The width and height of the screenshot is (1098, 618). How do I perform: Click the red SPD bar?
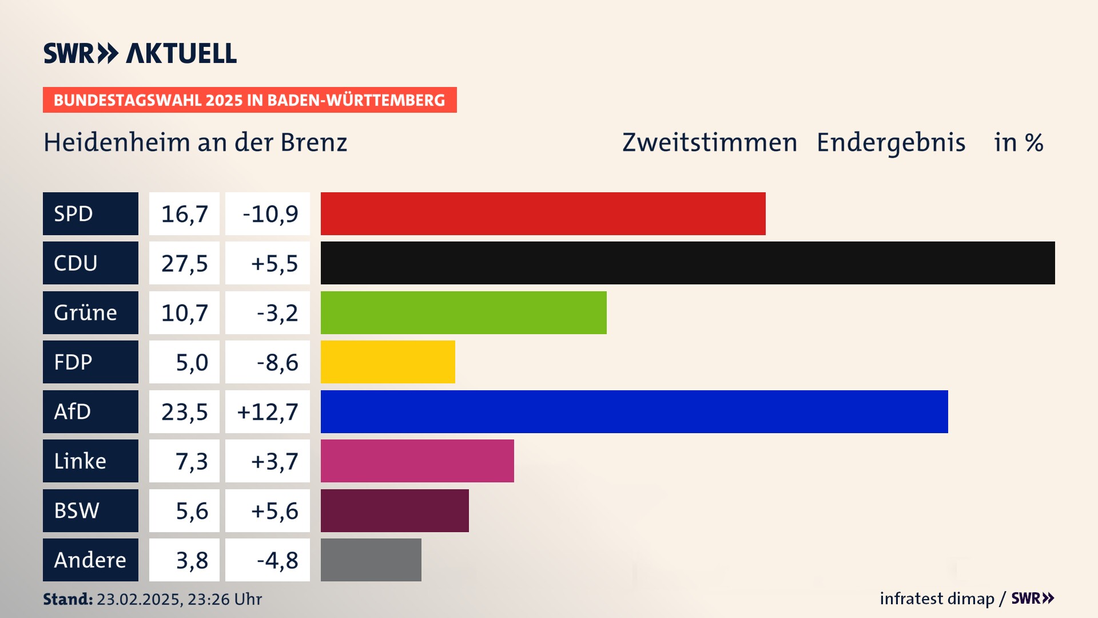[543, 213]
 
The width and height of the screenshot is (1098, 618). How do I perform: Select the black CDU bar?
[687, 263]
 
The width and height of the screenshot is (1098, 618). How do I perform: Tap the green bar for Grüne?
[463, 312]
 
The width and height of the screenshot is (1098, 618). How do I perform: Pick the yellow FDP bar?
[388, 362]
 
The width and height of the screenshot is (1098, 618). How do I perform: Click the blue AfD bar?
[634, 411]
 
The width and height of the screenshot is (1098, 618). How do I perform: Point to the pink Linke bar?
[417, 461]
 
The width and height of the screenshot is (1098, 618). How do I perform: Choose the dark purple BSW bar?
[395, 510]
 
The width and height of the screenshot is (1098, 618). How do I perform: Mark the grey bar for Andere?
[371, 560]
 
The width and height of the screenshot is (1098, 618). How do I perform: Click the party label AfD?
[73, 411]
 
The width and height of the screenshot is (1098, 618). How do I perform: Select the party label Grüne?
[85, 312]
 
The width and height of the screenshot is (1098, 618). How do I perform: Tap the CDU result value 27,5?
[184, 263]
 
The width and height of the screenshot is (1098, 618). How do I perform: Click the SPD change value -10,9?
[270, 214]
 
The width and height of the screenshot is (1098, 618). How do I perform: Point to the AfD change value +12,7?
[268, 412]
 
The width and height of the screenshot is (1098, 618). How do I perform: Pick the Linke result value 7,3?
[192, 461]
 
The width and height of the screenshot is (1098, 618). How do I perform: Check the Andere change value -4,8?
[277, 560]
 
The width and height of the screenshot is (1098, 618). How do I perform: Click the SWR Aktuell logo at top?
[140, 53]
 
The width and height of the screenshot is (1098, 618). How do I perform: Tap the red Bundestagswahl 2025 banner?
[249, 100]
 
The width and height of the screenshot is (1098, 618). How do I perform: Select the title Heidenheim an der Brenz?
[195, 142]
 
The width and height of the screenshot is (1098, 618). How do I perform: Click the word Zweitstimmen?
[709, 142]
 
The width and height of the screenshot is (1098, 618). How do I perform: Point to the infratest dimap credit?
[937, 599]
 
